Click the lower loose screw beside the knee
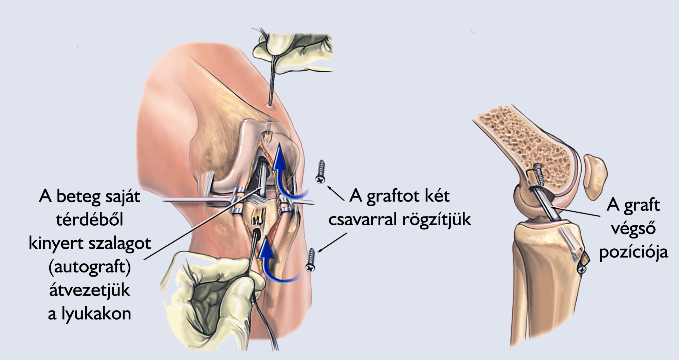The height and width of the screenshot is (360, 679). point(311,260)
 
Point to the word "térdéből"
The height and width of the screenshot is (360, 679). point(90,219)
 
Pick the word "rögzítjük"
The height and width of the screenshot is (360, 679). point(437,220)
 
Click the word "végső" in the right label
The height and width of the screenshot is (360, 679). point(634,228)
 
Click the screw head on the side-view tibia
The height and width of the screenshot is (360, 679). point(582,269)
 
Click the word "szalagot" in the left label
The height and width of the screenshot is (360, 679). point(119,244)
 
